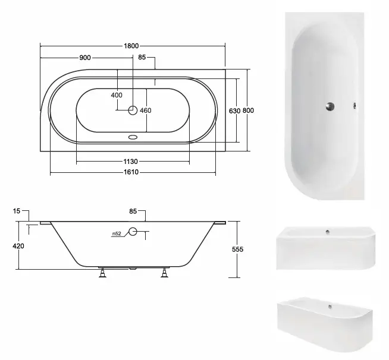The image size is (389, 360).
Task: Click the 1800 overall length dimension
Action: [131, 46]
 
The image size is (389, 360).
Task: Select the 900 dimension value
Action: [85, 58]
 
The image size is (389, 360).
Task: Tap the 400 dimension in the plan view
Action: [117, 95]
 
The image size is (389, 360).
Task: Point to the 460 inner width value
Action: [146, 110]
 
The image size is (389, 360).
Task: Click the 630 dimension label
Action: [235, 110]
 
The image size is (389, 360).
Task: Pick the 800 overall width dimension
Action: [248, 110]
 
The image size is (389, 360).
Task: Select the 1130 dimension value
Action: [130, 162]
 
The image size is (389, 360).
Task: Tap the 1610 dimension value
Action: [131, 172]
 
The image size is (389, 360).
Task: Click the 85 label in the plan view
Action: [142, 57]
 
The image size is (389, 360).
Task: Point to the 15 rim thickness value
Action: [17, 211]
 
